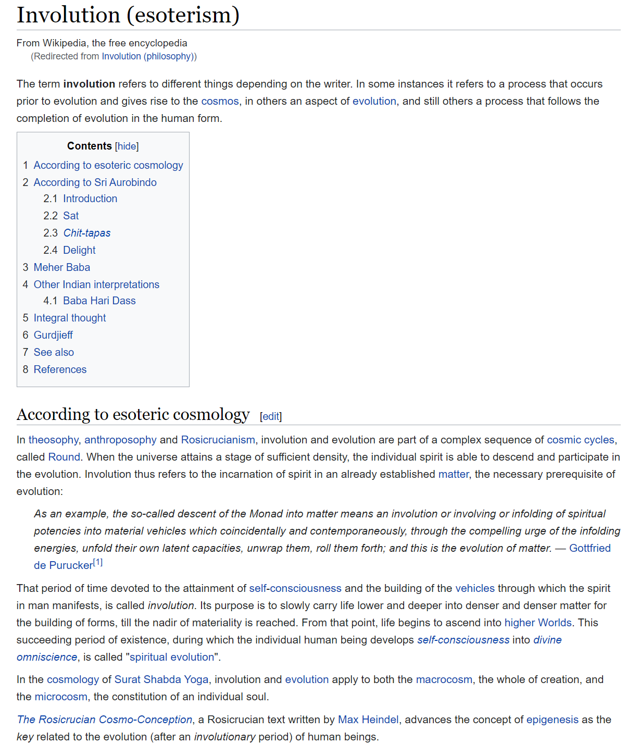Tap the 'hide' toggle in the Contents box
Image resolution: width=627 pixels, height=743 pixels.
[x=127, y=146]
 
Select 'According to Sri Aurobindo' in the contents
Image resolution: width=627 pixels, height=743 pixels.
[x=95, y=182]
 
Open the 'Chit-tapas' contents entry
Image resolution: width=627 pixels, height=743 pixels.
[x=87, y=233]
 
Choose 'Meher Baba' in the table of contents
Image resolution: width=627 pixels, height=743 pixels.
[x=61, y=267]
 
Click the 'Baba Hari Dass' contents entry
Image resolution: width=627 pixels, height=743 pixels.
[x=99, y=301]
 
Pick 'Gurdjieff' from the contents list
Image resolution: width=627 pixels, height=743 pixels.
[x=53, y=335]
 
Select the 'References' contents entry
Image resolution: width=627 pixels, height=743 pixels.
[x=60, y=369]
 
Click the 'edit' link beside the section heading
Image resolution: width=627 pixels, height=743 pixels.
[x=271, y=416]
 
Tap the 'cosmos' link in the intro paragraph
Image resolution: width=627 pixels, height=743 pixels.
[x=220, y=101]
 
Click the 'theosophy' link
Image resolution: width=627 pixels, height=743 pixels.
[x=53, y=440]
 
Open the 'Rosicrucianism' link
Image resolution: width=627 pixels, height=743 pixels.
[x=218, y=440]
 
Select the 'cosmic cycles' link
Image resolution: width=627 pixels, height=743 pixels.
[x=580, y=440]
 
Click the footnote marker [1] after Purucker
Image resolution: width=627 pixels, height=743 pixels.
[x=98, y=563]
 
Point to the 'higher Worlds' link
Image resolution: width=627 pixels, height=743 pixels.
[x=538, y=623]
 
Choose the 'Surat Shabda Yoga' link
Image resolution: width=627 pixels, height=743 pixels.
[x=161, y=679]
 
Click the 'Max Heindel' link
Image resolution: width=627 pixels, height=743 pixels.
[x=368, y=720]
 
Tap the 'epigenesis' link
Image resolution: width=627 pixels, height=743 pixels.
[x=552, y=720]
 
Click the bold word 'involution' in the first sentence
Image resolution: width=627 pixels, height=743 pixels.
[x=89, y=84]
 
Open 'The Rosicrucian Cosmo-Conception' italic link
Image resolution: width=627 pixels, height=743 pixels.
[x=105, y=720]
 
